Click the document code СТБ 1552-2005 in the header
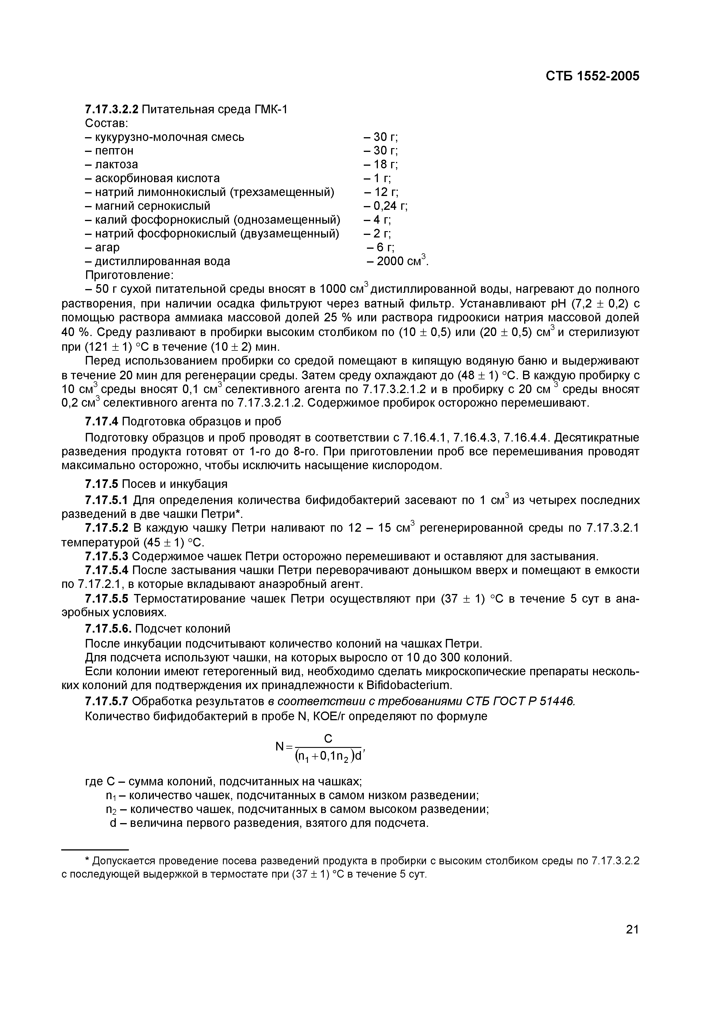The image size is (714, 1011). pos(592,76)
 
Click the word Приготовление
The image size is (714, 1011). pos(129,275)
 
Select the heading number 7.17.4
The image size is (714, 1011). pos(102,421)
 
